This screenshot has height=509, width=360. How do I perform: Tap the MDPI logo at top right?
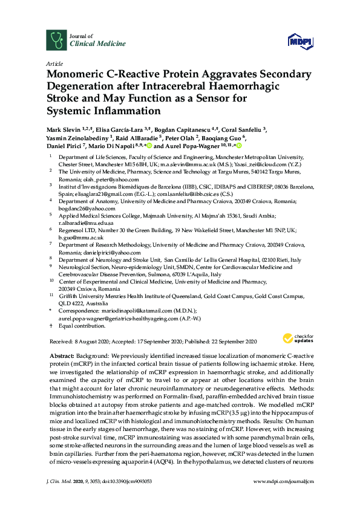(301, 41)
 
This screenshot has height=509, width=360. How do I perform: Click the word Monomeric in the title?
(77, 75)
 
